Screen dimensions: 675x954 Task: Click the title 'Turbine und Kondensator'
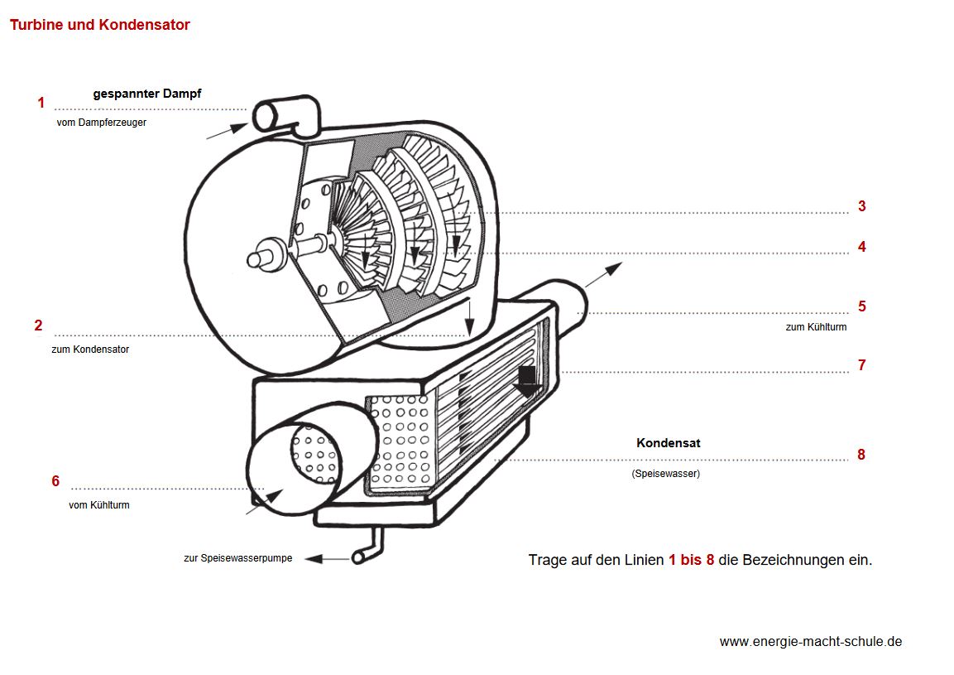pyautogui.click(x=99, y=25)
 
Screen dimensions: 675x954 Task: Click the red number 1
pyautogui.click(x=41, y=103)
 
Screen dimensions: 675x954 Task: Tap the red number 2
pyautogui.click(x=38, y=325)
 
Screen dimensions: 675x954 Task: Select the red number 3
pyautogui.click(x=861, y=206)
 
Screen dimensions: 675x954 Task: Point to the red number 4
pyautogui.click(x=861, y=247)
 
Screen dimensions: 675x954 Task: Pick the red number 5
pyautogui.click(x=861, y=306)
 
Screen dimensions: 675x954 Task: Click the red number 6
pyautogui.click(x=55, y=481)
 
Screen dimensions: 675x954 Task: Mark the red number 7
pyautogui.click(x=861, y=364)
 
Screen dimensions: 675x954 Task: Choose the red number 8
pyautogui.click(x=861, y=455)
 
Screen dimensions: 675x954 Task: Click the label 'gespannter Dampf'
pyautogui.click(x=146, y=94)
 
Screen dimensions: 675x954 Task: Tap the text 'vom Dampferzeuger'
pyautogui.click(x=101, y=123)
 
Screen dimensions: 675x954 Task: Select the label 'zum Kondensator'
pyautogui.click(x=90, y=350)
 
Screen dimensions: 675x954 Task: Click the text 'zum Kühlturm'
pyautogui.click(x=816, y=327)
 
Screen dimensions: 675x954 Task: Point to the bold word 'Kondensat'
pyautogui.click(x=668, y=443)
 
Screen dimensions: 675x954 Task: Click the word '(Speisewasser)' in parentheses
pyautogui.click(x=665, y=474)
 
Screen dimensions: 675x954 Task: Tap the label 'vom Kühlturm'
pyautogui.click(x=98, y=504)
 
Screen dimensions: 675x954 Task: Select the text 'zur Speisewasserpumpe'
pyautogui.click(x=237, y=558)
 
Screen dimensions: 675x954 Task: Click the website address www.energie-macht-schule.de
pyautogui.click(x=810, y=641)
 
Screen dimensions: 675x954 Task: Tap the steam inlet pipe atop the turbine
pyautogui.click(x=285, y=113)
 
